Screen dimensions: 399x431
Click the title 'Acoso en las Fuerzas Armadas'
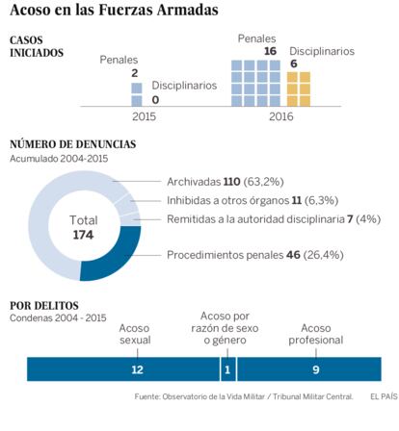114,10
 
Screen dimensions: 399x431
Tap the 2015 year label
144,116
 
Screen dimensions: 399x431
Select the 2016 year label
281,116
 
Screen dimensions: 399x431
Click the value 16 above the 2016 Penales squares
270,51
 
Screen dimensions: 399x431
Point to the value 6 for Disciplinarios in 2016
294,63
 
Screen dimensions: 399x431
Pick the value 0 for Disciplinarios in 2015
155,100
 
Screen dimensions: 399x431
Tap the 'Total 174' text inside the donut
83,228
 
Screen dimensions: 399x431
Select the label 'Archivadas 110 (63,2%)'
226,182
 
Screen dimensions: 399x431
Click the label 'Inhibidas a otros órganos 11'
234,201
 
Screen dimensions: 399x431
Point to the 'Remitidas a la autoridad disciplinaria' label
255,219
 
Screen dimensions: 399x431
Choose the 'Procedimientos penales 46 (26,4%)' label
255,255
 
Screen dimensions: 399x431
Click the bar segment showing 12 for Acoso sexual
123,369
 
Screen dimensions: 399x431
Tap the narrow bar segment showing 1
228,369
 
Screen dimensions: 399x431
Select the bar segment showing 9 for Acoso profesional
309,369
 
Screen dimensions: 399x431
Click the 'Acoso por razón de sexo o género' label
225,328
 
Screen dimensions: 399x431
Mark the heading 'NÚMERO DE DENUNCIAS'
73,144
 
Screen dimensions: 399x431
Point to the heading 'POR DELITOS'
44,306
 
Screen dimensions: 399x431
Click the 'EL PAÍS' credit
384,396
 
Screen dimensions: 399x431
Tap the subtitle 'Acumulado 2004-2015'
59,159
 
